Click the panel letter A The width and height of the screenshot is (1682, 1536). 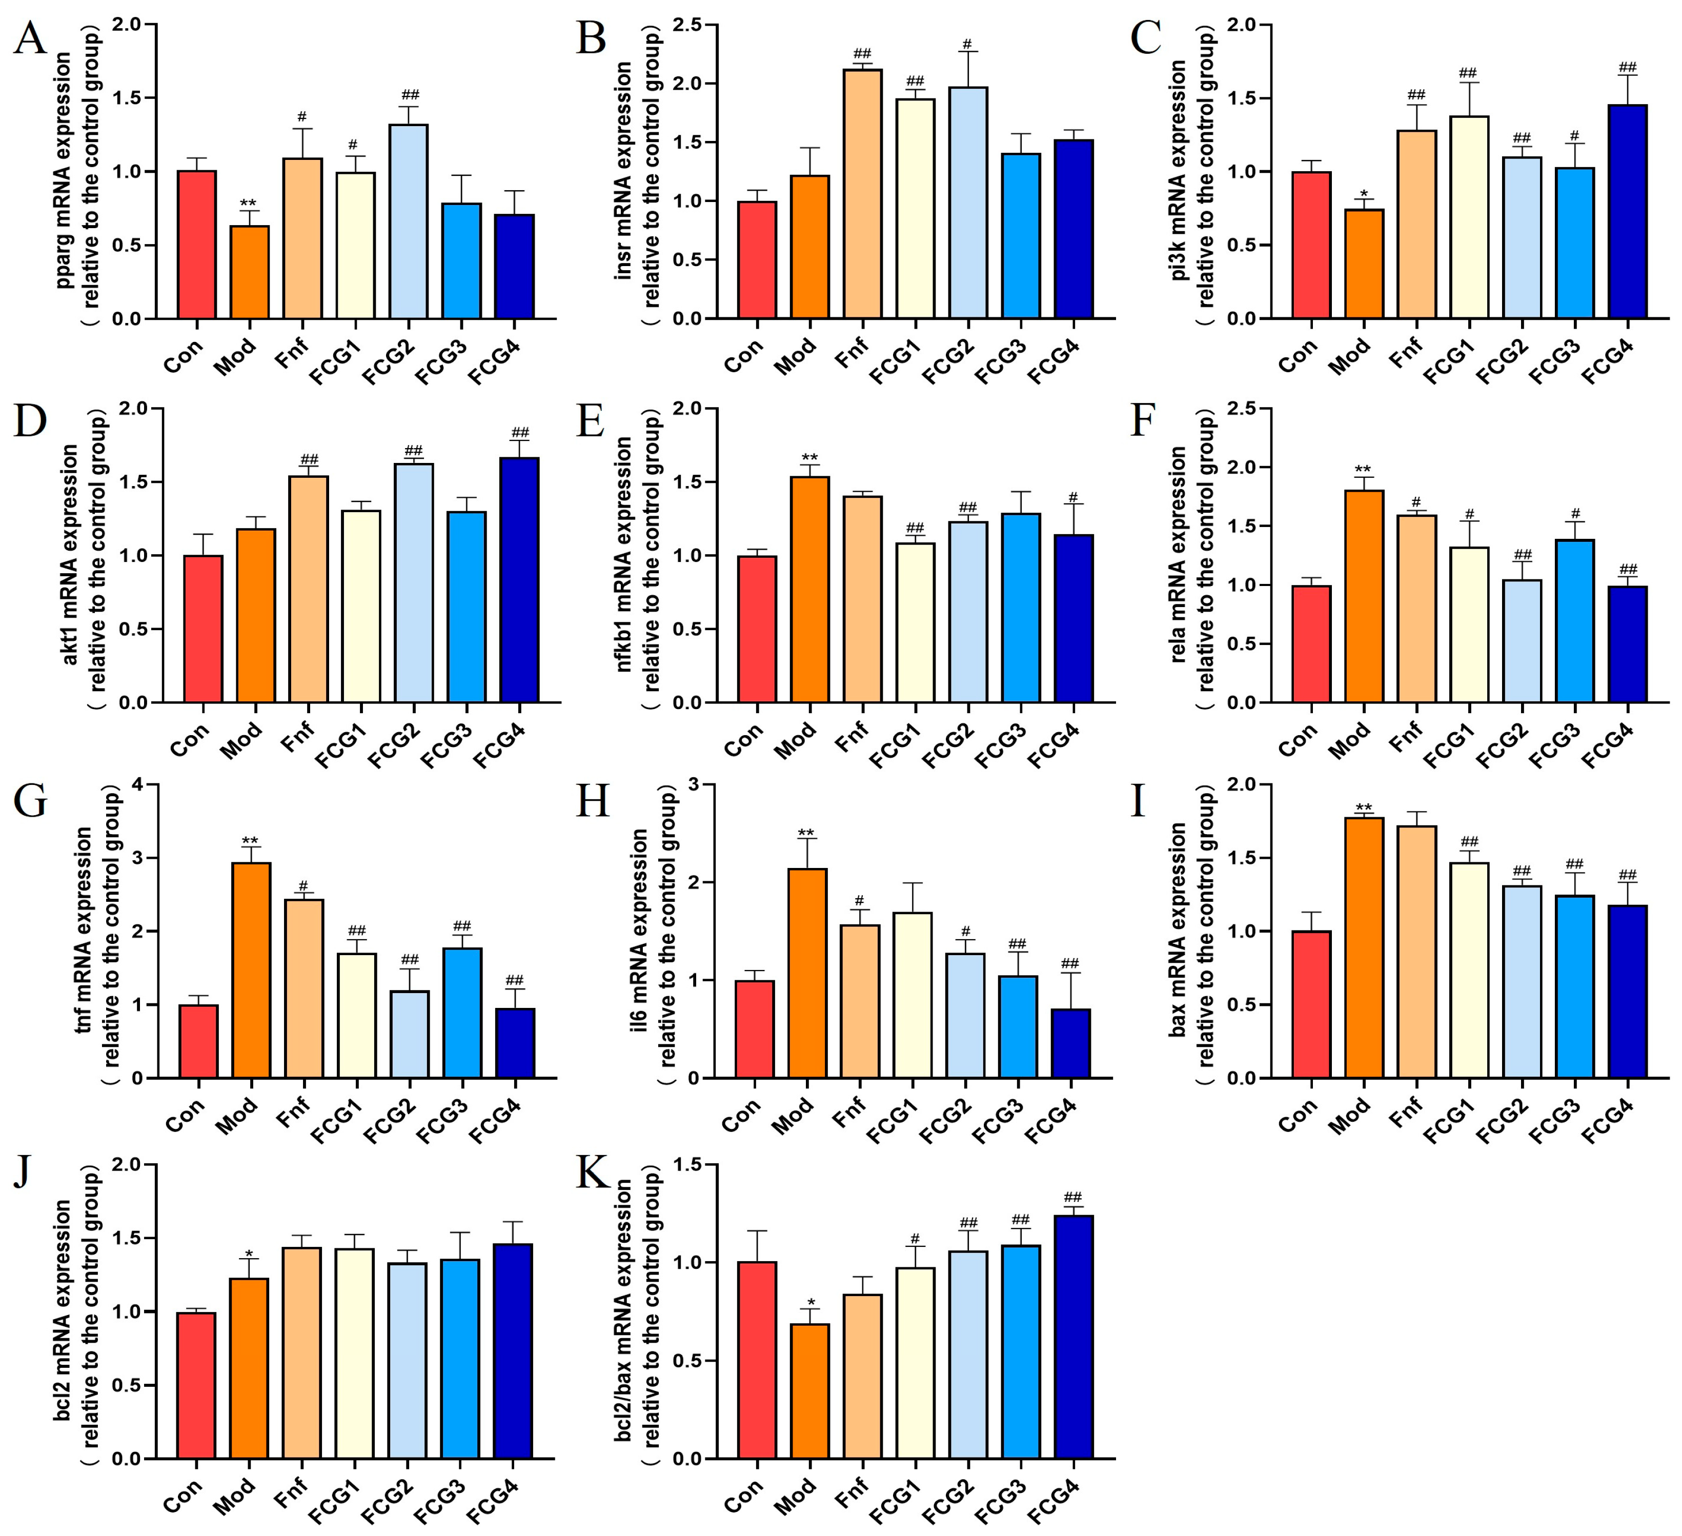(x=30, y=39)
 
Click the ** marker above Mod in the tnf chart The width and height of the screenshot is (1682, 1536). (x=250, y=841)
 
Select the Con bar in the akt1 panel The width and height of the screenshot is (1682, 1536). (x=202, y=628)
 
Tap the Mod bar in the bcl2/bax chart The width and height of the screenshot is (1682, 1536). (x=809, y=1391)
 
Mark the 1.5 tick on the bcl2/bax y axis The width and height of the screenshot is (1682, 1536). (x=689, y=1165)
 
